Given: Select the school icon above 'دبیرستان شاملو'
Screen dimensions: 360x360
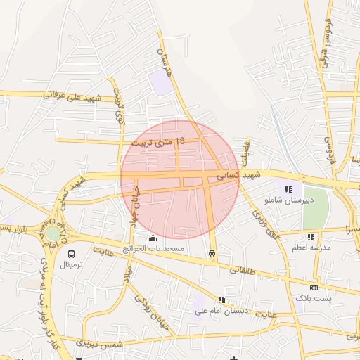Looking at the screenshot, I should coord(288,188).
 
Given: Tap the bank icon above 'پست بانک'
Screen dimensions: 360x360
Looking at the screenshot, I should coord(314,288).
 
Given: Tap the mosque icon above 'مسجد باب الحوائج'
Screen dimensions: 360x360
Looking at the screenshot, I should coord(153,238).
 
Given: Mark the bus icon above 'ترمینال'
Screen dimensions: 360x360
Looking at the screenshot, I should coord(71,253).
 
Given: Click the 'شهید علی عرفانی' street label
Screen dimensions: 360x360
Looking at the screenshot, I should coord(73,95).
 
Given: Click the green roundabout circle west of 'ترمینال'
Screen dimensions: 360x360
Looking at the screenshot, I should coord(53,233).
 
